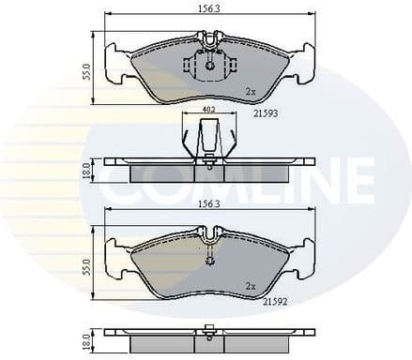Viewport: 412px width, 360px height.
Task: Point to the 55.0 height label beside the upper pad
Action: coord(86,70)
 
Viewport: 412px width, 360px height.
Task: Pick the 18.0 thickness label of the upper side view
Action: coord(86,170)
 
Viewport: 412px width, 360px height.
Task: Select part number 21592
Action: coord(275,303)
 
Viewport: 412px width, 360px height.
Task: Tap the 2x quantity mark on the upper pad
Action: coord(250,92)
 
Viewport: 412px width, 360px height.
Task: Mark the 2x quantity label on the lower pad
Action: coord(251,284)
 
